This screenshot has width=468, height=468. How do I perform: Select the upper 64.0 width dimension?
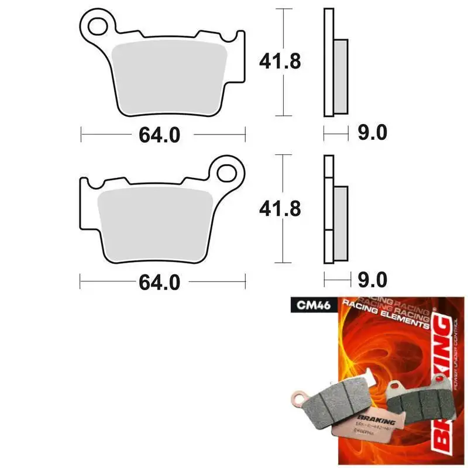[159, 135]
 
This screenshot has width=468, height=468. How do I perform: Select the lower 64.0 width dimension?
[159, 283]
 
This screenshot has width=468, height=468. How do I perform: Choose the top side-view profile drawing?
[335, 64]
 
